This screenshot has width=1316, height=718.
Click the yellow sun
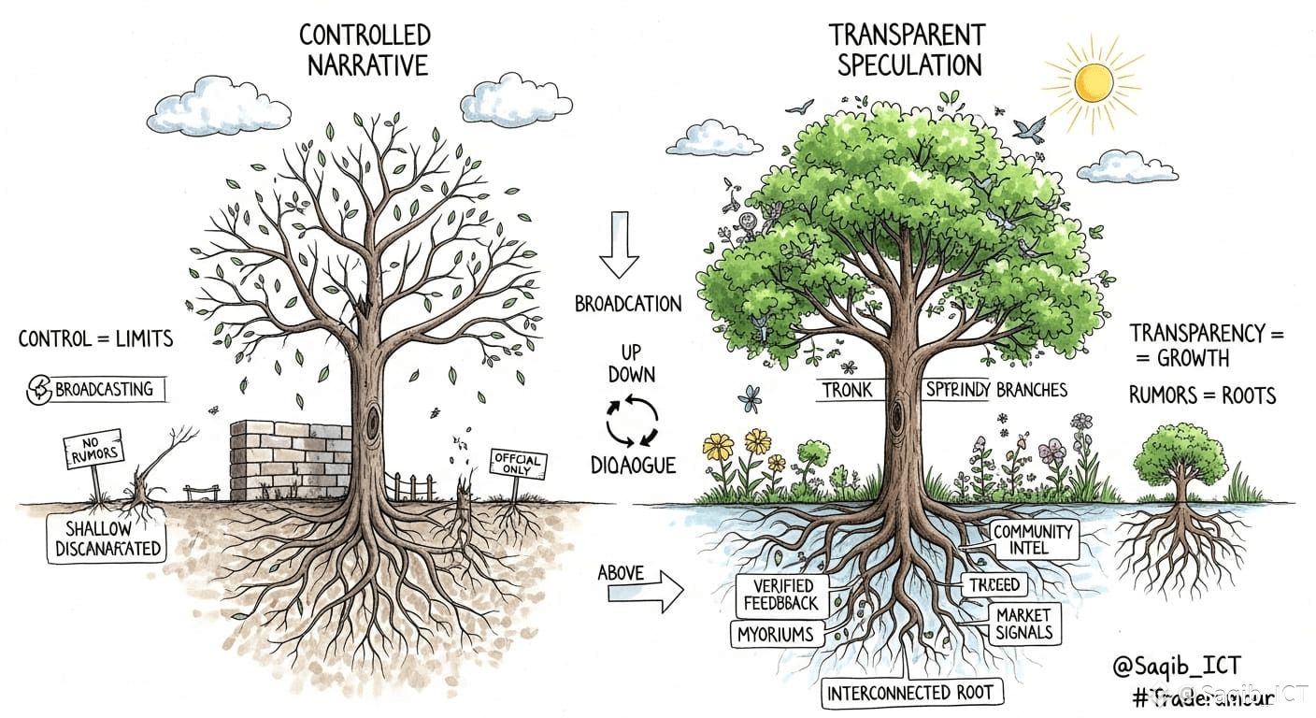click(x=1093, y=83)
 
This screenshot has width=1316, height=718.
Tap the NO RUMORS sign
click(x=92, y=450)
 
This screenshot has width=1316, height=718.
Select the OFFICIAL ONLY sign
click(x=518, y=464)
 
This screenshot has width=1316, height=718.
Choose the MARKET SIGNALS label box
click(x=1023, y=625)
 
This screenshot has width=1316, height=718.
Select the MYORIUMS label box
click(x=775, y=635)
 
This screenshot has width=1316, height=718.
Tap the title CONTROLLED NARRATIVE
click(x=365, y=50)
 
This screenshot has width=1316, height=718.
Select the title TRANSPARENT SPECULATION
click(x=908, y=50)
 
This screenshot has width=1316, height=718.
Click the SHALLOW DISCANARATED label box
click(x=106, y=539)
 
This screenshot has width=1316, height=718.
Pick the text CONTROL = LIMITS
click(x=96, y=338)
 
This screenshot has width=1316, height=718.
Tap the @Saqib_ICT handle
click(x=1177, y=667)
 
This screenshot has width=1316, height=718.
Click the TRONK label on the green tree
click(x=847, y=390)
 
